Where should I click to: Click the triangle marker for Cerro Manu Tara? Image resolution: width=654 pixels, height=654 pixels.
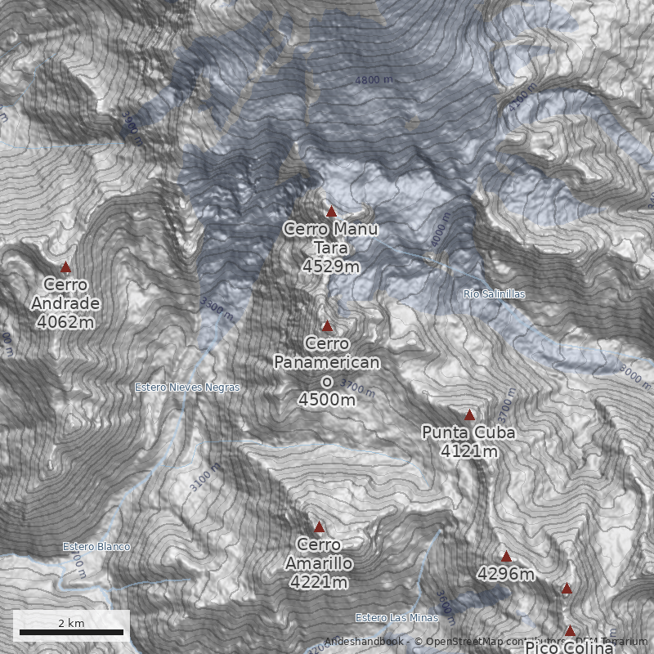pyautogui.click(x=331, y=212)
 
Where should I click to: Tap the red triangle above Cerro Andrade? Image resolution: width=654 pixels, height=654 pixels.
pyautogui.click(x=66, y=267)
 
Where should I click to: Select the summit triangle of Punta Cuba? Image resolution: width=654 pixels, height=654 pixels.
pyautogui.click(x=469, y=414)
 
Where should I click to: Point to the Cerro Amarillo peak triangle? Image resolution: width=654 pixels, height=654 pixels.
pyautogui.click(x=319, y=527)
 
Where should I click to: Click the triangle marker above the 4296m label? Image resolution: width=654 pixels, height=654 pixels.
pyautogui.click(x=506, y=557)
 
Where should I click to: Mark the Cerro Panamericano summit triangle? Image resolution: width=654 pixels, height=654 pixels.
pyautogui.click(x=327, y=326)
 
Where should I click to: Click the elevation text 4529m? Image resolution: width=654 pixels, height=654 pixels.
pyautogui.click(x=330, y=267)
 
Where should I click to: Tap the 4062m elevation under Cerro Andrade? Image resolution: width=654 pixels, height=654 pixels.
pyautogui.click(x=65, y=322)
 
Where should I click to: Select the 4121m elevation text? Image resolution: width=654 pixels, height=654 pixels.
pyautogui.click(x=468, y=450)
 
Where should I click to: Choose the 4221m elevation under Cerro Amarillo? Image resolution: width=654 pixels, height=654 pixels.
pyautogui.click(x=319, y=582)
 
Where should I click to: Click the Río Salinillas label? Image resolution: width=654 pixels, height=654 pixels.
pyautogui.click(x=494, y=293)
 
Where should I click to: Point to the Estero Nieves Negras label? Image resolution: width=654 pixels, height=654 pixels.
pyautogui.click(x=187, y=387)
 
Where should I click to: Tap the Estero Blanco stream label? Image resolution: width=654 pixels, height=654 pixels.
pyautogui.click(x=96, y=547)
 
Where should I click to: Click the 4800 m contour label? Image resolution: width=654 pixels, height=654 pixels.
pyautogui.click(x=374, y=80)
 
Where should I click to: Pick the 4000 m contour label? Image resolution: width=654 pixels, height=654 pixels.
pyautogui.click(x=439, y=228)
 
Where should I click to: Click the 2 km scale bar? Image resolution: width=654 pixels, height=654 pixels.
pyautogui.click(x=71, y=631)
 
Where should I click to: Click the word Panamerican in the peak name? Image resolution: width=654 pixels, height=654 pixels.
pyautogui.click(x=327, y=362)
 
